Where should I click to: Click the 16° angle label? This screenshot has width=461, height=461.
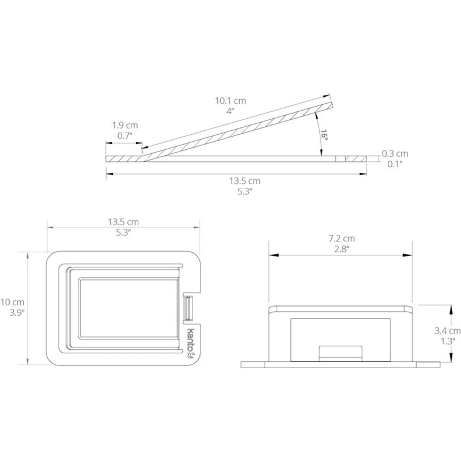(324, 135)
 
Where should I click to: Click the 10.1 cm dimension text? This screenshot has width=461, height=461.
(230, 101)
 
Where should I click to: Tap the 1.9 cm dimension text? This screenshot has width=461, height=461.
(125, 125)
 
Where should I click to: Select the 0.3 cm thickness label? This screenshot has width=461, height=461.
(395, 153)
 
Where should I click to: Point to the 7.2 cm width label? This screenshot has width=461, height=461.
(342, 239)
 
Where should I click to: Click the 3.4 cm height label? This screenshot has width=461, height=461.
(448, 331)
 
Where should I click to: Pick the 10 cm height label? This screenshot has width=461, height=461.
(12, 302)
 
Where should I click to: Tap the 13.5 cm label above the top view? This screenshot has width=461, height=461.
(123, 222)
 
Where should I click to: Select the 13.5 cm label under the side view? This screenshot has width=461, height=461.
(244, 181)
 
